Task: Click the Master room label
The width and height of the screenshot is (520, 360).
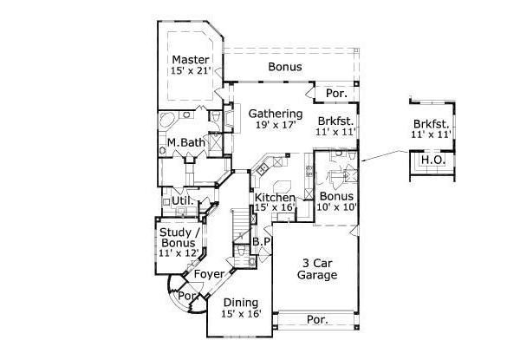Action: tap(191, 60)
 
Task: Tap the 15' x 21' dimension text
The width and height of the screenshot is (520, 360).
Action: tap(191, 70)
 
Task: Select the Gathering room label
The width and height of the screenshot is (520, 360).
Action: tap(276, 115)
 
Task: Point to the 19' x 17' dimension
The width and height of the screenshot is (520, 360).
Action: tap(276, 125)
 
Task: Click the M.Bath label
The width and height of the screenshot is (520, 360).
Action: tap(185, 142)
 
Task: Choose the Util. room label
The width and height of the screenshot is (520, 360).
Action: tap(183, 200)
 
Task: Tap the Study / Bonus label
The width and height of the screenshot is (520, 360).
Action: tap(178, 238)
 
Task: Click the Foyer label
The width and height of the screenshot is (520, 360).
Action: tap(209, 274)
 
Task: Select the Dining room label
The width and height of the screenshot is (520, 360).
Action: tap(241, 303)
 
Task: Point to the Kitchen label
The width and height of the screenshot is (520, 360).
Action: tap(275, 198)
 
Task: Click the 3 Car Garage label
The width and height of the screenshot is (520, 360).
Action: tap(317, 269)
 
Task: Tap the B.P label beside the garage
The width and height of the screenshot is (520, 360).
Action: tap(262, 241)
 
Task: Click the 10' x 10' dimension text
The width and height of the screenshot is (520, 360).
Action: tap(336, 207)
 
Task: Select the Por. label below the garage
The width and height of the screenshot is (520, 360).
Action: tap(317, 320)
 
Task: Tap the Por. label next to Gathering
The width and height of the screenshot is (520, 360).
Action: tap(336, 94)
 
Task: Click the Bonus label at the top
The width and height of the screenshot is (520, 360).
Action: tap(285, 67)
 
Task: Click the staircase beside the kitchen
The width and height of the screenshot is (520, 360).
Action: tap(240, 226)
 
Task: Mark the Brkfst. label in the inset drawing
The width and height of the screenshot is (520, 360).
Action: tap(431, 124)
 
